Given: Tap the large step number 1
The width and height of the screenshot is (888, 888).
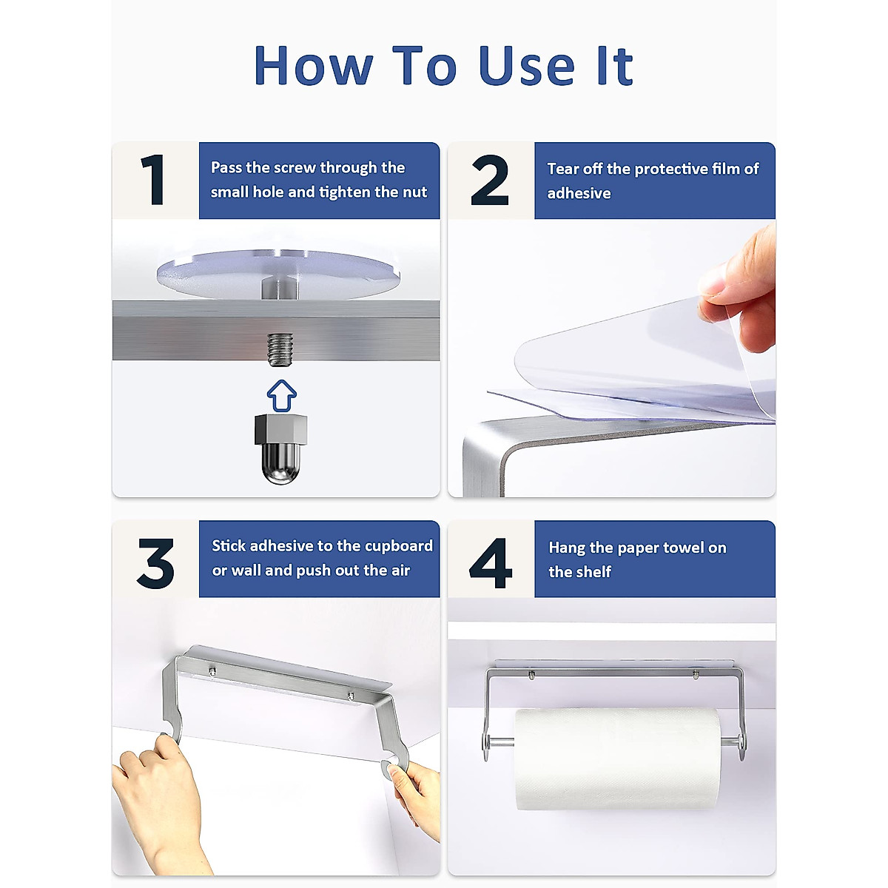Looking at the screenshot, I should coord(153,180).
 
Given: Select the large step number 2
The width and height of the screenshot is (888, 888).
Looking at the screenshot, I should coord(490,181).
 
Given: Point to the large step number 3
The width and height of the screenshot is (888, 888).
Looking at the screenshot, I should coord(155,564).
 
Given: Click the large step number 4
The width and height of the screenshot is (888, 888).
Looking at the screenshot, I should coord(491,564).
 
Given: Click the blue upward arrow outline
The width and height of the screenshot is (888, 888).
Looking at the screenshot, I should coord(281,395).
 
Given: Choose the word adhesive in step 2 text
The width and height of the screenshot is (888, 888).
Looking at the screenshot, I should coord(579,193).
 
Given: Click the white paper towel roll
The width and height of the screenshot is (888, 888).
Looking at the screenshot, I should coord(616,758).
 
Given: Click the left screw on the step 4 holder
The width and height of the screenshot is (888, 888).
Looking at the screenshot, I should coord(531,675).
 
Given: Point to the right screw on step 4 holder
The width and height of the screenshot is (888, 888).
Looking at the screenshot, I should coord(696,675).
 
